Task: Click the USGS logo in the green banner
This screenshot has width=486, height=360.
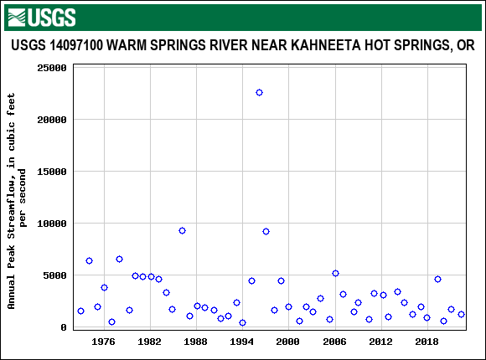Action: tap(41, 17)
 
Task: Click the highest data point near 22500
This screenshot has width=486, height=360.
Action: tap(259, 93)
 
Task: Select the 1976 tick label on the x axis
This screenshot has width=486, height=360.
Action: tap(104, 342)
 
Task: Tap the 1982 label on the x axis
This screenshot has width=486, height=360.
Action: tap(150, 342)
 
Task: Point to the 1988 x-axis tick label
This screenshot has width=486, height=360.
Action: tap(196, 342)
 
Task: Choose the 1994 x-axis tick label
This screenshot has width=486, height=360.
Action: tap(242, 342)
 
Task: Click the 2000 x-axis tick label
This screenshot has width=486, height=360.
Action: tap(288, 342)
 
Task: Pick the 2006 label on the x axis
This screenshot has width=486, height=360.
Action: tap(334, 342)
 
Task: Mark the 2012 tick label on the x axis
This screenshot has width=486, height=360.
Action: tap(380, 342)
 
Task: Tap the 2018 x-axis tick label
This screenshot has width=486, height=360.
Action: tap(427, 342)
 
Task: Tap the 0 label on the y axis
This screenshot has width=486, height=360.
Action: tap(64, 327)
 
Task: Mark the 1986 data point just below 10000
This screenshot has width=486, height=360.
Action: tap(182, 231)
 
